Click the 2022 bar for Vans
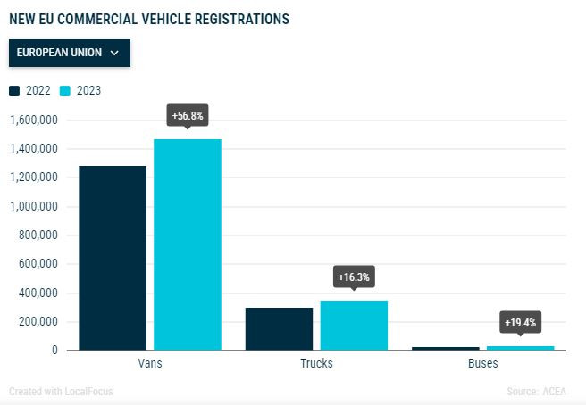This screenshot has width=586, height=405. coord(113,258)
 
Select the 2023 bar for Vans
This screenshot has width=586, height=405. coord(188,244)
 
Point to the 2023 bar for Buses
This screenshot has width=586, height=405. coord(521,348)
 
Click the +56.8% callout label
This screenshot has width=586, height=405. coord(188,115)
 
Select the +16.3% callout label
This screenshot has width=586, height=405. coord(354,277)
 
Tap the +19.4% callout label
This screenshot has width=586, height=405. coord(521,322)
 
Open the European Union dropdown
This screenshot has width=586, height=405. coord(70,53)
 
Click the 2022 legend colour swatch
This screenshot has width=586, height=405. coord(14,90)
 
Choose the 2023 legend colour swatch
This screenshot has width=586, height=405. coord(64,90)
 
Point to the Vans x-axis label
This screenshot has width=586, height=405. coord(150,364)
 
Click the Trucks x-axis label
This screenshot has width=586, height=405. coord(317,364)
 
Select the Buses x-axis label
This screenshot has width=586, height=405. coord(483,364)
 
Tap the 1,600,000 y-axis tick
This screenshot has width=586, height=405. coord(33,120)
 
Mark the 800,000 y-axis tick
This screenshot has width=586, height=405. coord(37,236)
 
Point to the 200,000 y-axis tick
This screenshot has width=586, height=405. coord(37,322)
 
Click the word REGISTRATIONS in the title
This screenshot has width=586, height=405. coord(236,18)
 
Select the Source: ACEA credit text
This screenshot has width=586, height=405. coord(537,391)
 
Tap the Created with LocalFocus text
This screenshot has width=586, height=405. coord(61,391)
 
